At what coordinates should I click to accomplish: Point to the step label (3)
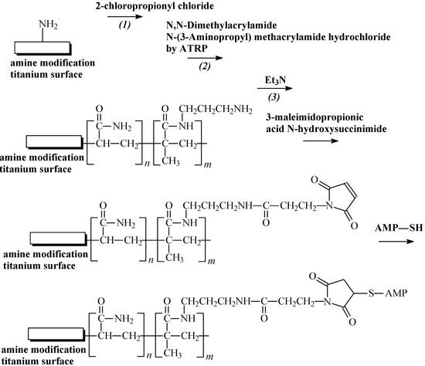[277, 100]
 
